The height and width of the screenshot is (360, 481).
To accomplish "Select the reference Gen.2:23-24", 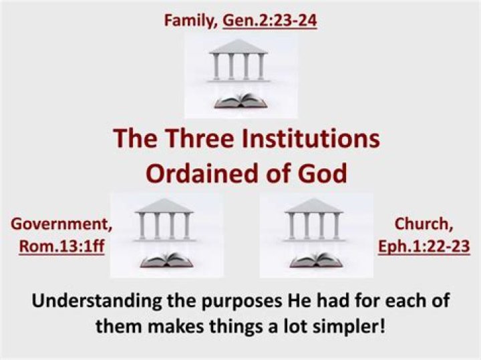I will [x=269, y=21].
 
